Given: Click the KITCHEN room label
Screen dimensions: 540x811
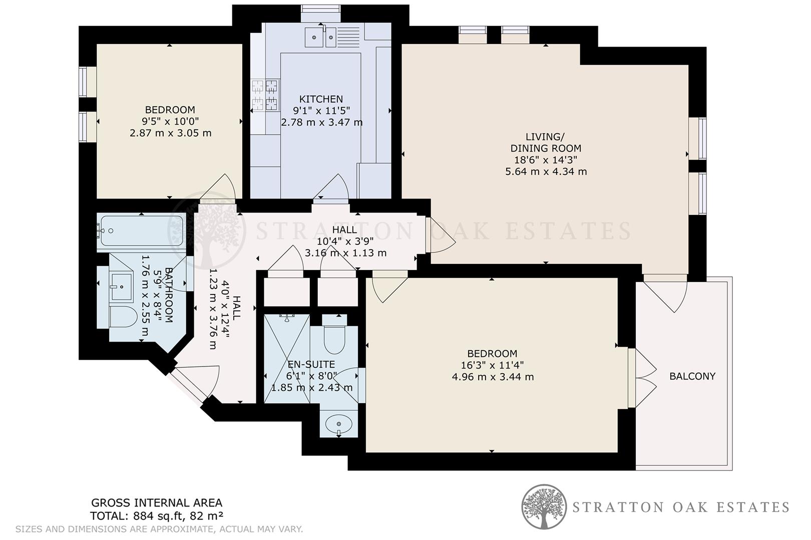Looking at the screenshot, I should [x=321, y=99].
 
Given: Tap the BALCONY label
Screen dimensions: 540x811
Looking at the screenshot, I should [x=692, y=376].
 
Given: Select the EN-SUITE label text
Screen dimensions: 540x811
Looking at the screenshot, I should [x=311, y=364].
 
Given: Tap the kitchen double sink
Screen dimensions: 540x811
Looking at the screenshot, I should [x=321, y=36].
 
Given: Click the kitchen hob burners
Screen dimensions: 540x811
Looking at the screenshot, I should [x=265, y=95].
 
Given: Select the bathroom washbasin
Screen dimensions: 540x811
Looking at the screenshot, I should [x=121, y=287].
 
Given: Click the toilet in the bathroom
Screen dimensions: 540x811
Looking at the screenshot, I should [x=123, y=317].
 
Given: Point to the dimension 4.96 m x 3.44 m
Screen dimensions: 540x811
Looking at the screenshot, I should [x=493, y=376].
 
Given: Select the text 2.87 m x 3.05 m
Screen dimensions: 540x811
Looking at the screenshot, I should [x=170, y=133].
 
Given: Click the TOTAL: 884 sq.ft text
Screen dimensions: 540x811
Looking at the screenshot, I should [x=156, y=516].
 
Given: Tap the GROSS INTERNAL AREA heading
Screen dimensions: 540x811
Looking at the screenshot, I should [x=156, y=503].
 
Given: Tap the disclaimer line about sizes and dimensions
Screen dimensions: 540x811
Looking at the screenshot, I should [x=159, y=528].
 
